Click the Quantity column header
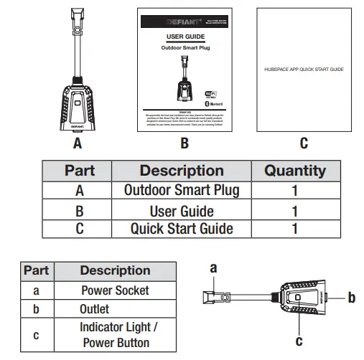(x=294, y=171)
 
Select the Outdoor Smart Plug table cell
(x=182, y=191)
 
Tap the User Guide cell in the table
(x=182, y=211)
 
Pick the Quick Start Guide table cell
(x=182, y=229)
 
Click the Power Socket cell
(x=115, y=290)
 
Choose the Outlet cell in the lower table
(x=95, y=309)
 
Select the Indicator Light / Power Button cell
(x=115, y=334)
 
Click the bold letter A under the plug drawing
(x=78, y=143)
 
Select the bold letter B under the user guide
(x=185, y=143)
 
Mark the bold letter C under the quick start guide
(x=304, y=143)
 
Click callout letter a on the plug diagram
(x=213, y=268)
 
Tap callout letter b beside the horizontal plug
(x=351, y=297)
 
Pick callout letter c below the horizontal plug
(x=299, y=343)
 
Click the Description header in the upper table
(x=182, y=171)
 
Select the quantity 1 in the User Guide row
(x=294, y=211)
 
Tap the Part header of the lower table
(x=36, y=270)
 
